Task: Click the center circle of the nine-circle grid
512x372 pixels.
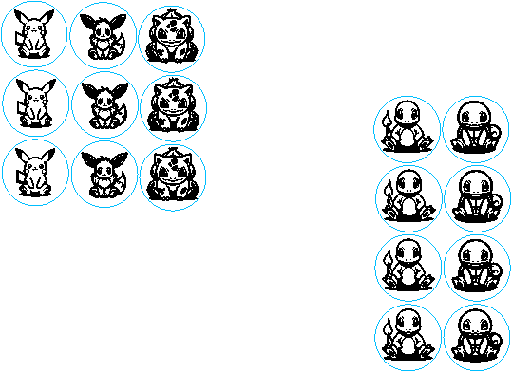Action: coord(104,105)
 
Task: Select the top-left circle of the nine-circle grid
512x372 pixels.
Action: coord(34,34)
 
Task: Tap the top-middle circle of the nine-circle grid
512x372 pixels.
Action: coord(103,35)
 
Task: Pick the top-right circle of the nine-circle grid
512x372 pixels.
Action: coord(172,39)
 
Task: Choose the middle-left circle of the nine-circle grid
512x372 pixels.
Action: coord(36,103)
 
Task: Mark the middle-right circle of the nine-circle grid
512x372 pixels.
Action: coord(174,108)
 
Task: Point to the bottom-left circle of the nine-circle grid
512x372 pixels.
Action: coord(35,173)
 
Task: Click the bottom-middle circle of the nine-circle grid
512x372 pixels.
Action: coord(104,175)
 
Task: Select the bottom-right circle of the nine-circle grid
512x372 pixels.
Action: coord(173,177)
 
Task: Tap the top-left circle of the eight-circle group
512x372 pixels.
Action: coord(407,129)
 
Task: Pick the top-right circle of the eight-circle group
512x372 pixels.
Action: coord(476,129)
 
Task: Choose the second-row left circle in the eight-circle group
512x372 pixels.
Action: coord(408,198)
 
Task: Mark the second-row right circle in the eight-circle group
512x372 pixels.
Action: coord(478,199)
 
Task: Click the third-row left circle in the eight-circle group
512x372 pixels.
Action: coord(408,268)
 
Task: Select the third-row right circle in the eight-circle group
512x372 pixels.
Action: coord(478,268)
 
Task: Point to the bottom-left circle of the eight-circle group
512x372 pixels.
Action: coord(408,338)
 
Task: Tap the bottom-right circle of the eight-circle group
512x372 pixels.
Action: coord(477,338)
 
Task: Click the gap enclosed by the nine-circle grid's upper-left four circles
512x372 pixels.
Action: coord(69,69)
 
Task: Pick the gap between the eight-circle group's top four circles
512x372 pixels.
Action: coord(442,164)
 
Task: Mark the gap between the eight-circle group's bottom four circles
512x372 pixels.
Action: coord(443,303)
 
